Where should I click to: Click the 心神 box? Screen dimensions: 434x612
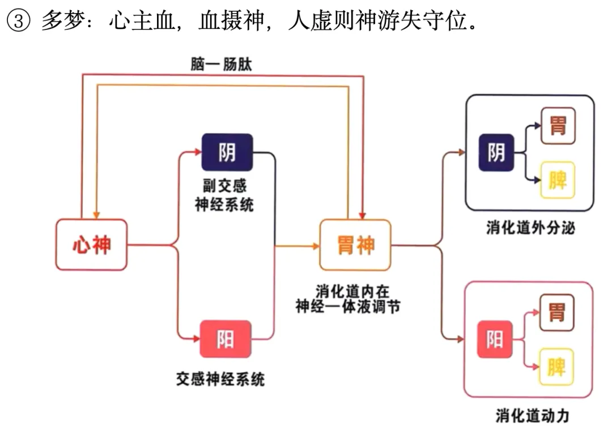pos(91,244)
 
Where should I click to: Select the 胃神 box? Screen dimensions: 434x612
pos(355,245)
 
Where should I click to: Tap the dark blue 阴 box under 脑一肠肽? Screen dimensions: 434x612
pos(227,152)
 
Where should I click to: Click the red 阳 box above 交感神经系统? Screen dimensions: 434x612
pos(225,339)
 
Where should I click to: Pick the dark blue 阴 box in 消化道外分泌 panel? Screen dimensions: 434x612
pos(496,152)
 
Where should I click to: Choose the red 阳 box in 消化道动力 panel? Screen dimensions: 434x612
pos(494,339)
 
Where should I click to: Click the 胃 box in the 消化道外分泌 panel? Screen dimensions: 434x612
pos(558,125)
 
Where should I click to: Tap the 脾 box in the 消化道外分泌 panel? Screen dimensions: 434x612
pos(558,180)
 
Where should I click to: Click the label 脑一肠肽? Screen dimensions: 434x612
pos(221,64)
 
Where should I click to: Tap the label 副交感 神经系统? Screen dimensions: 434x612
pos(224,195)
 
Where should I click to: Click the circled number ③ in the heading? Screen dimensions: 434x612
pos(18,22)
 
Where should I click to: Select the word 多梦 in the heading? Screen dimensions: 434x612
pos(58,22)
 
